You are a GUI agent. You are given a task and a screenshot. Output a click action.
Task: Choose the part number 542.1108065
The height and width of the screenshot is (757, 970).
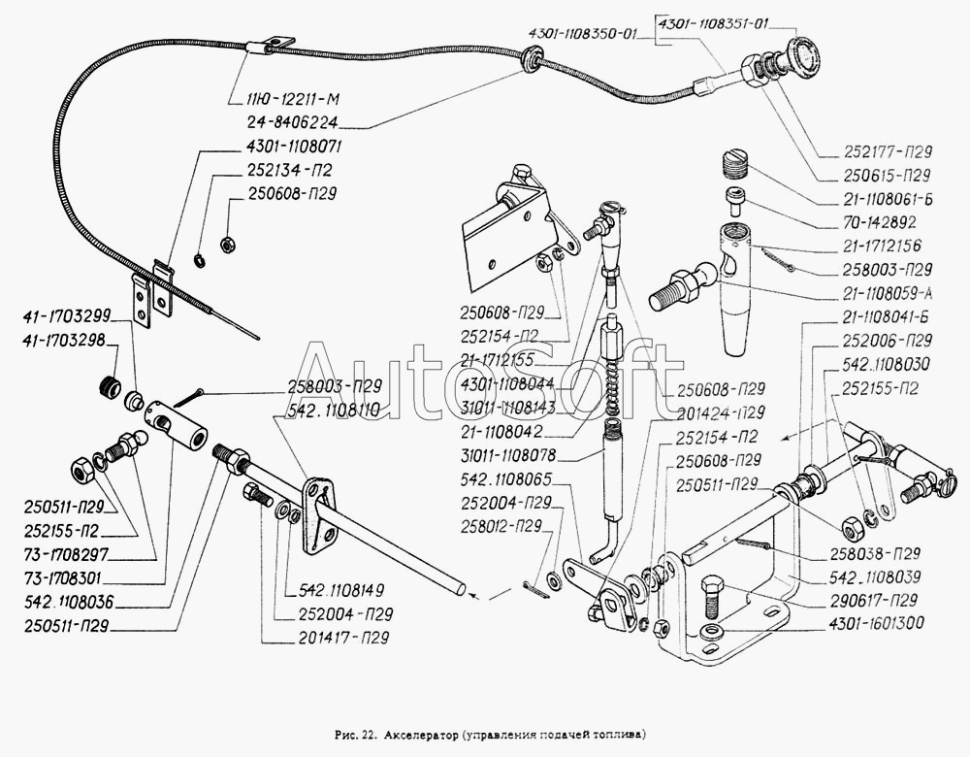pyautogui.click(x=506, y=479)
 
